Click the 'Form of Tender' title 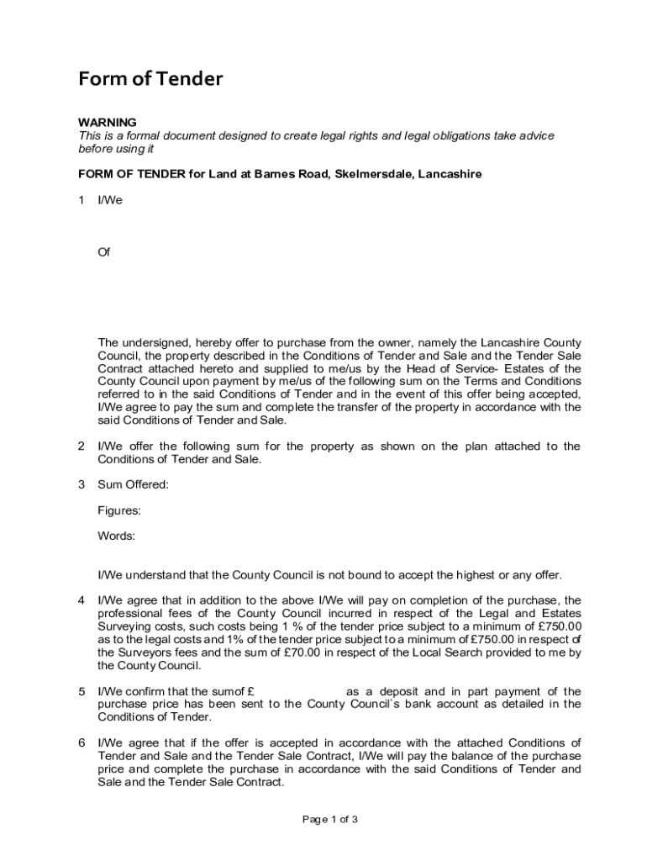pyautogui.click(x=150, y=79)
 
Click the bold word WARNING pyautogui.click(x=108, y=123)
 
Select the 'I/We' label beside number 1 pyautogui.click(x=110, y=200)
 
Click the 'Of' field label pyautogui.click(x=104, y=251)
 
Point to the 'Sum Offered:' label pyautogui.click(x=133, y=484)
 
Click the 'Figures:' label pyautogui.click(x=119, y=510)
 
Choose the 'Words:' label pyautogui.click(x=117, y=536)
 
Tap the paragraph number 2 pyautogui.click(x=82, y=446)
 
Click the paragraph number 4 pyautogui.click(x=82, y=600)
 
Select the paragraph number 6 pyautogui.click(x=82, y=742)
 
